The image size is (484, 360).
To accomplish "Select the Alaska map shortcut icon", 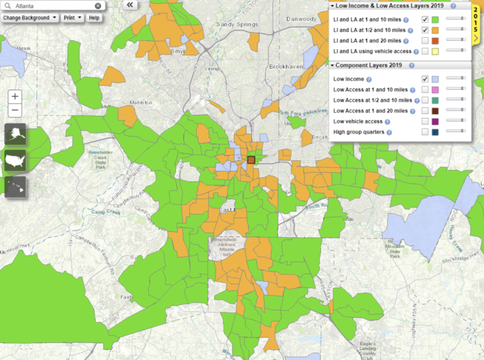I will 15,135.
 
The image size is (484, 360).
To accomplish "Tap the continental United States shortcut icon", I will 15,160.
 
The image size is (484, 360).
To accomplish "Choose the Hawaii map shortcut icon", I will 15,186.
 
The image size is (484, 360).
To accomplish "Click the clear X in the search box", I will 98,6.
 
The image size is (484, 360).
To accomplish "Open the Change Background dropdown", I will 29,18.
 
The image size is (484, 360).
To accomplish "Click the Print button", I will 72,18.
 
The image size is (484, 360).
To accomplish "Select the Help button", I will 94,18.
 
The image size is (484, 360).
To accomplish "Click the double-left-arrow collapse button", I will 130,4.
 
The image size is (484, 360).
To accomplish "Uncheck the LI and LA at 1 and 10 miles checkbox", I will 425,20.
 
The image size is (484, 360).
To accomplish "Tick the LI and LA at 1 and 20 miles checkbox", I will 425,40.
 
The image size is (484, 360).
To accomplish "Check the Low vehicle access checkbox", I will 425,121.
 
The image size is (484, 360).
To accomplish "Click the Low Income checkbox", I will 425,79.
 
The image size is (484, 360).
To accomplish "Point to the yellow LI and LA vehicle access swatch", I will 435,51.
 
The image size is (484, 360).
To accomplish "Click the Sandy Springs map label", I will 234,25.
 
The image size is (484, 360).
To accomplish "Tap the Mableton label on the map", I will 141,102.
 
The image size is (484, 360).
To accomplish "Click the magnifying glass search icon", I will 6,6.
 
